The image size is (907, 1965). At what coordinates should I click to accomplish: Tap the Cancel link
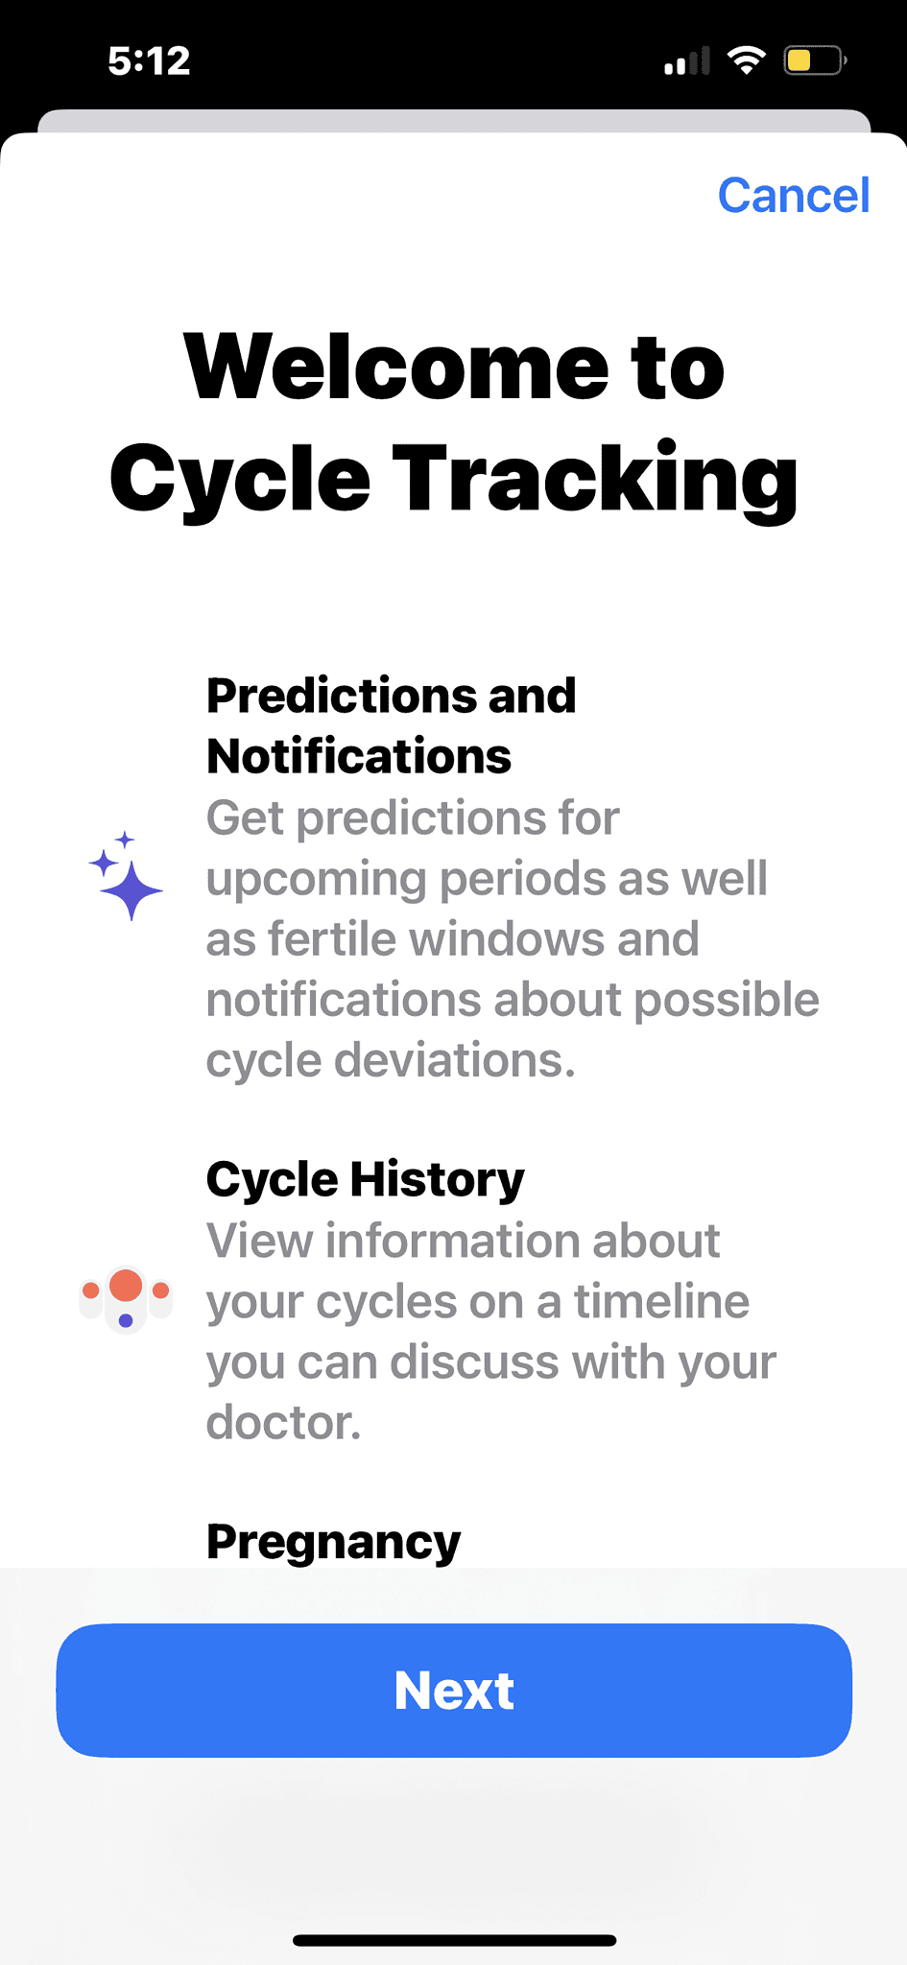pos(794,196)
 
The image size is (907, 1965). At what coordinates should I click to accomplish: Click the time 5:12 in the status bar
pos(149,61)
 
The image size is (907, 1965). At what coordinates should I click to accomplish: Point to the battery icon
pos(814,61)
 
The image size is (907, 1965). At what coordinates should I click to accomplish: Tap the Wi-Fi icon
pos(746,60)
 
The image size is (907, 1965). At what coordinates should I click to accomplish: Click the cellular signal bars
pos(687,61)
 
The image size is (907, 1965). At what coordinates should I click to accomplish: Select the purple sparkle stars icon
pos(126,876)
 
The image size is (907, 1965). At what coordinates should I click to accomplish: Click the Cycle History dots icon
pos(126,1297)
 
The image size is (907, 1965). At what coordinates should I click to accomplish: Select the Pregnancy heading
pos(333,1542)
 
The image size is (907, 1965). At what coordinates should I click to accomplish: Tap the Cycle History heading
pos(365,1179)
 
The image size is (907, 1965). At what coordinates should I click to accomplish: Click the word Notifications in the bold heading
pos(359,756)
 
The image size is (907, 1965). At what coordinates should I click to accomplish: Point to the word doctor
pos(282,1422)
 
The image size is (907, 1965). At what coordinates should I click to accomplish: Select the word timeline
pos(661,1301)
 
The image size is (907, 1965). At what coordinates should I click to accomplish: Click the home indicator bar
pos(454,1940)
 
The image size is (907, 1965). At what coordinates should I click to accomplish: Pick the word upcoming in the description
pos(317,879)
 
